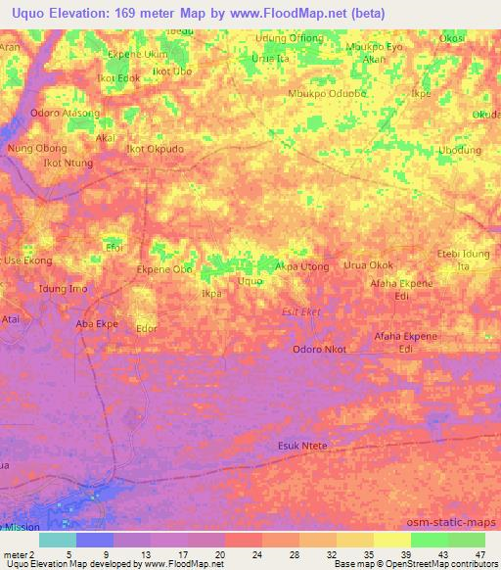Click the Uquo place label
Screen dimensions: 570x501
point(250,281)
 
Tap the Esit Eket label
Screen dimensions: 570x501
point(300,311)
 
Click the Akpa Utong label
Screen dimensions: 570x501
point(301,265)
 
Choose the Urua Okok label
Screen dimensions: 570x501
point(368,265)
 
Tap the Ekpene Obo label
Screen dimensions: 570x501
point(164,268)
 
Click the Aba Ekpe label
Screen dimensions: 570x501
point(97,322)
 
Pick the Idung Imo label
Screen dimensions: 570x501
point(62,288)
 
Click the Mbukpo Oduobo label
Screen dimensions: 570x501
point(327,94)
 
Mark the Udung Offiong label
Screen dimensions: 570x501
point(291,39)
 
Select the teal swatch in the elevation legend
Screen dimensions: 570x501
point(58,540)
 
